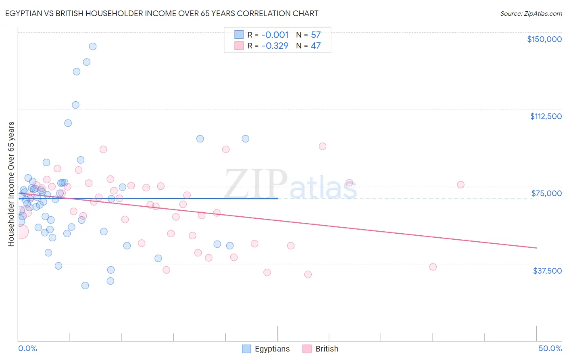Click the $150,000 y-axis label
[x=544, y=39]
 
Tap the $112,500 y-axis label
[x=546, y=116]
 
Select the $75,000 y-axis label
[x=546, y=193]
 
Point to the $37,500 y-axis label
[x=547, y=271]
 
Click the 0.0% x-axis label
[x=27, y=348]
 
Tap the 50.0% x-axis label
[x=550, y=348]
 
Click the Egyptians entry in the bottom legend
[x=272, y=349]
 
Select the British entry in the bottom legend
[x=327, y=349]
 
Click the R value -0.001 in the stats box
[x=275, y=35]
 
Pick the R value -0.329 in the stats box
[x=275, y=46]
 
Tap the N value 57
[x=316, y=35]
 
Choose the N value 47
[x=316, y=46]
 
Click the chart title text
[x=161, y=13]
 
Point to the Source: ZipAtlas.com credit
[x=531, y=14]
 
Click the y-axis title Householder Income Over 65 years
[x=11, y=184]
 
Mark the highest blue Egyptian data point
[x=93, y=46]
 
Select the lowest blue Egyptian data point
[x=85, y=285]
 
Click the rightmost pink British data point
[x=461, y=184]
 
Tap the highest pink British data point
[x=323, y=146]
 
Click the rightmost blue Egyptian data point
[x=245, y=139]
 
